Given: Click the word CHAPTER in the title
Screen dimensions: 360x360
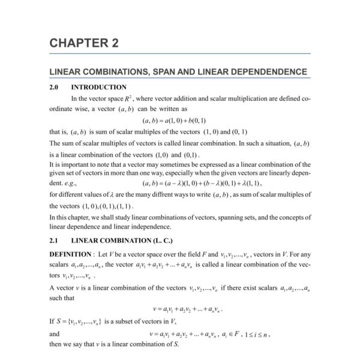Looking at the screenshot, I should pyautogui.click(x=77, y=43).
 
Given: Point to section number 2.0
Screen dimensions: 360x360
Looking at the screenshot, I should pyautogui.click(x=55, y=88).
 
